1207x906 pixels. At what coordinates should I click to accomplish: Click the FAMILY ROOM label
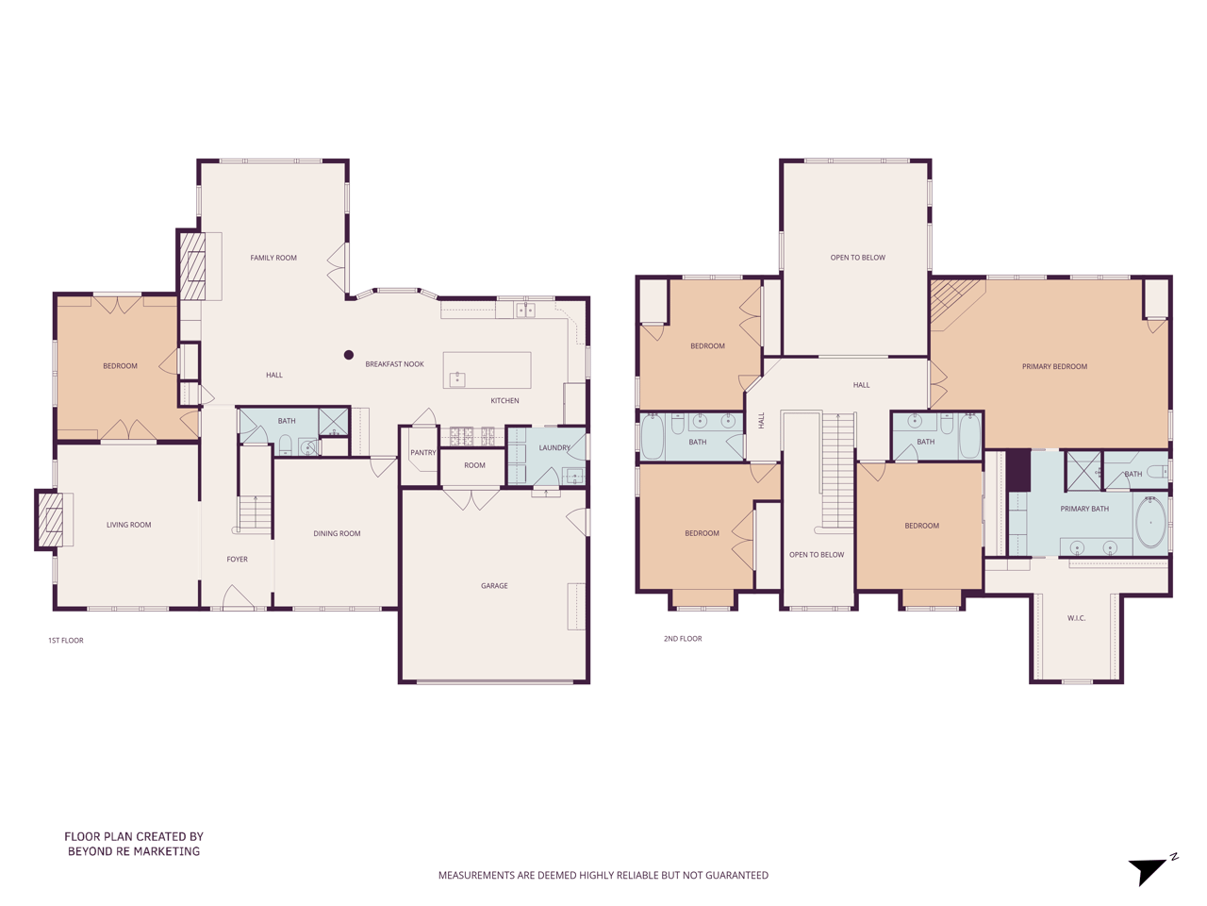(273, 258)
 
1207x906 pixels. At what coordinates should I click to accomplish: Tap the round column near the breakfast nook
(349, 355)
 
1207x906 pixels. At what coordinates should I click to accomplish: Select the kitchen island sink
(457, 379)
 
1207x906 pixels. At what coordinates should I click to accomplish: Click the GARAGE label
(494, 586)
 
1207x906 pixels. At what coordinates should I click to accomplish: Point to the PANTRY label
(423, 453)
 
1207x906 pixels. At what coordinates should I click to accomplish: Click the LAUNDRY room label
(554, 448)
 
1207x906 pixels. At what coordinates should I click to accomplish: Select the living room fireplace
(51, 518)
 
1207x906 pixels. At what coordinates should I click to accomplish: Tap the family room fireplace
(193, 266)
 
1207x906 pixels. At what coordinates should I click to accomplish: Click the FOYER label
(237, 560)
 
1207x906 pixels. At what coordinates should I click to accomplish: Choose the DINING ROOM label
(337, 534)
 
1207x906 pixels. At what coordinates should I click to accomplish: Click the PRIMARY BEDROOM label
(1054, 367)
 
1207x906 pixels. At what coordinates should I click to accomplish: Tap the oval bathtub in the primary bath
(1150, 522)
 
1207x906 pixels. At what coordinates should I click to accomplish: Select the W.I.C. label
(1076, 619)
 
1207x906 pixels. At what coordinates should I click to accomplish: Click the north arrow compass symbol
(1149, 870)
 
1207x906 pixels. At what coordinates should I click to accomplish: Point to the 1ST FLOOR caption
(66, 641)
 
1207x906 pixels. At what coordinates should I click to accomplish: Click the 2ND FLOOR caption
(683, 639)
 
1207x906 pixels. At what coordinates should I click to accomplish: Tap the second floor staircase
(837, 472)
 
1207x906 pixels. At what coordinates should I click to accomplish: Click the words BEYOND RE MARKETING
(134, 851)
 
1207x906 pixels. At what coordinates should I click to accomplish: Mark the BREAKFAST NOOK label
(394, 364)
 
